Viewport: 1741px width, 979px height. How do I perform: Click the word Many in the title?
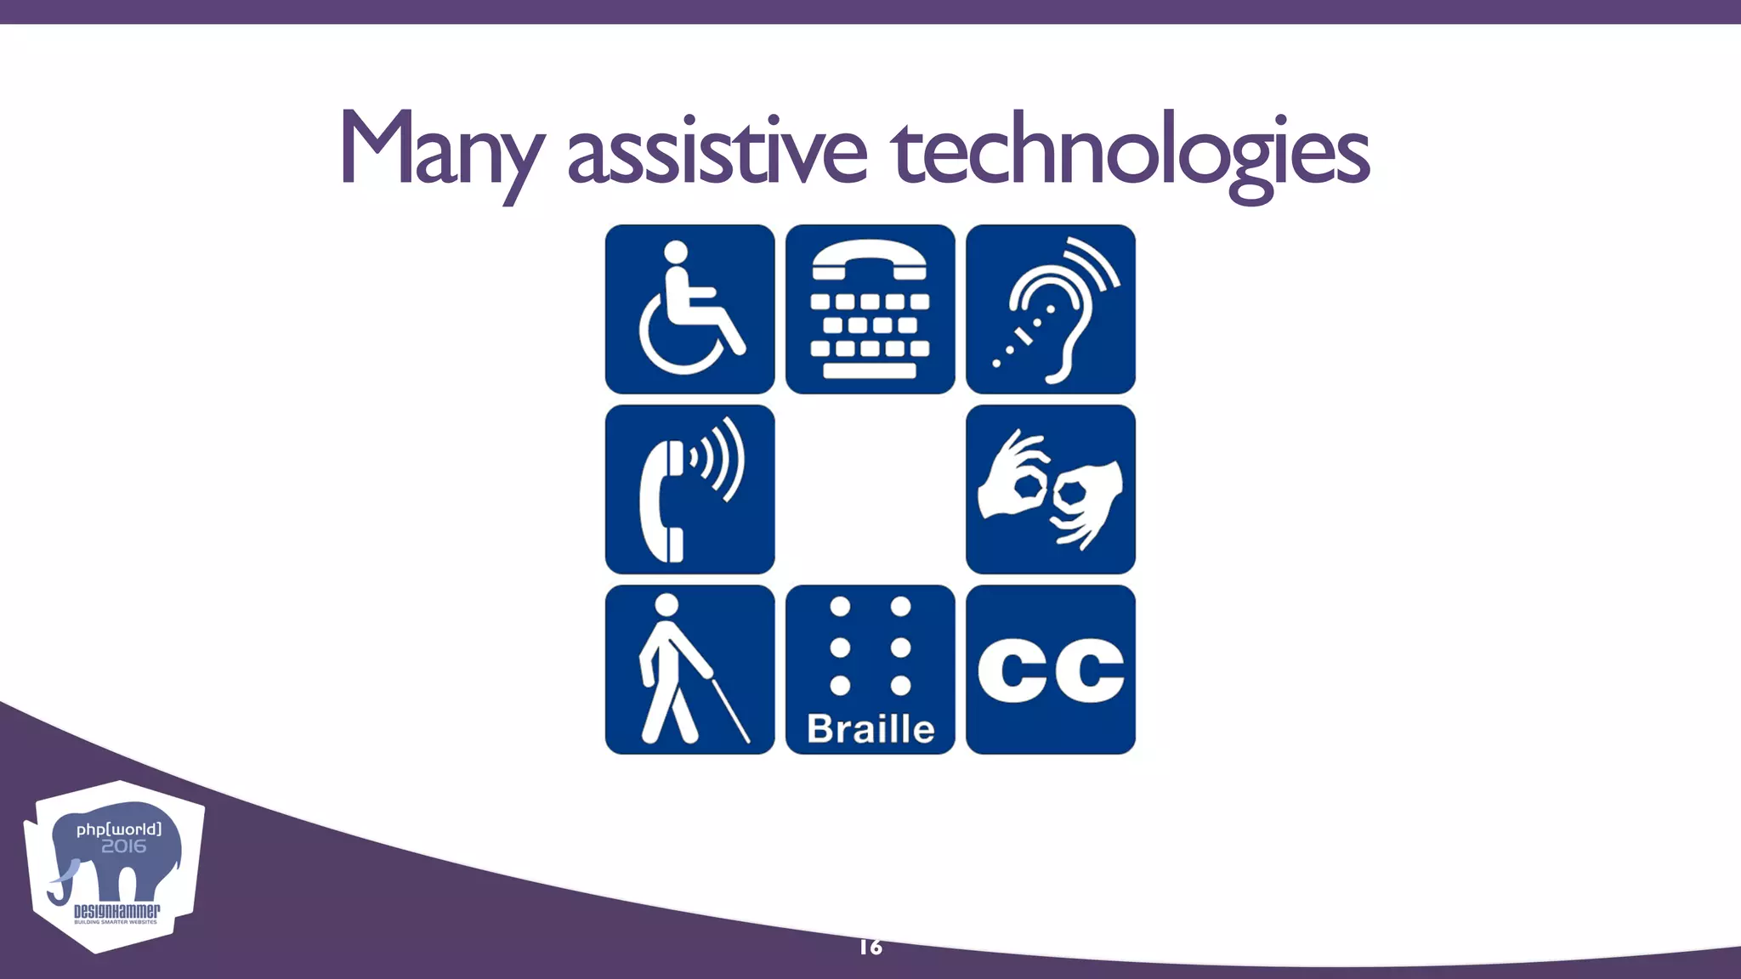pyautogui.click(x=440, y=151)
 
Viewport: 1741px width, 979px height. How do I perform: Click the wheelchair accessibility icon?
pyautogui.click(x=689, y=309)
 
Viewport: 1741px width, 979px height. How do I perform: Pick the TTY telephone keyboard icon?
pyautogui.click(x=870, y=309)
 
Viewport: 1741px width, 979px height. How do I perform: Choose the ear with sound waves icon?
pyautogui.click(x=1051, y=309)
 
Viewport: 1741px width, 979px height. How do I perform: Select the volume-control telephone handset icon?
pyautogui.click(x=689, y=489)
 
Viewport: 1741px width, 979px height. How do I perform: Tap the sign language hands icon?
pyautogui.click(x=1051, y=489)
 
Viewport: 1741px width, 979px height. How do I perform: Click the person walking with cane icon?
pyautogui.click(x=689, y=670)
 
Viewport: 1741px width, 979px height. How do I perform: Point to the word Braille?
pyautogui.click(x=870, y=729)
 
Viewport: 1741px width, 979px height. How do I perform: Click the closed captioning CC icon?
pyautogui.click(x=1051, y=670)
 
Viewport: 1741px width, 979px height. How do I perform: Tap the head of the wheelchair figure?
pyautogui.click(x=676, y=253)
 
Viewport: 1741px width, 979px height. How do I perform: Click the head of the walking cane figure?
pyautogui.click(x=667, y=605)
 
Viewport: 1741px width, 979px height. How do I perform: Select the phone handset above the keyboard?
pyautogui.click(x=869, y=259)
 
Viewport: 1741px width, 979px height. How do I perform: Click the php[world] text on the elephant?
pyautogui.click(x=118, y=829)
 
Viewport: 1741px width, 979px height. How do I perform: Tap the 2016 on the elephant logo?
pyautogui.click(x=124, y=846)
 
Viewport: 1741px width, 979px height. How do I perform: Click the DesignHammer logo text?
pyautogui.click(x=116, y=912)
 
